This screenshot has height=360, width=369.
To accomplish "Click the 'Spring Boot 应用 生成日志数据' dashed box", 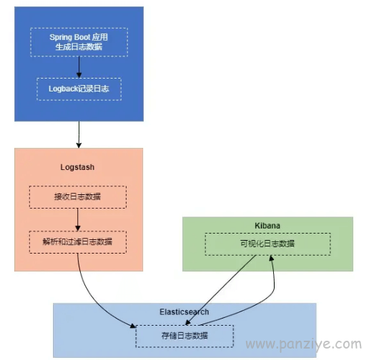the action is click(79, 42).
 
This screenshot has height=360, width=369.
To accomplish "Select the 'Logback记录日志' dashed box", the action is click(79, 89).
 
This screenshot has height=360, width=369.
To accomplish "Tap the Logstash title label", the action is click(77, 167).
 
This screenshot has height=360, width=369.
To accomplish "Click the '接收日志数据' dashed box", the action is click(78, 197).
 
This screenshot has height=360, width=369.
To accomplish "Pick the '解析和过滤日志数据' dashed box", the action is click(78, 242).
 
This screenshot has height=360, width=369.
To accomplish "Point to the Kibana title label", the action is click(267, 226).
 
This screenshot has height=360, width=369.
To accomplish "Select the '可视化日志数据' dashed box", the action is click(267, 244).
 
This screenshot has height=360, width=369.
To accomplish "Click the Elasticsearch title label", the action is click(184, 312).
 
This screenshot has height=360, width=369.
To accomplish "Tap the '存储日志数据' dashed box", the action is click(184, 336).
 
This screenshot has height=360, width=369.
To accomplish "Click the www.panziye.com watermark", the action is click(304, 344).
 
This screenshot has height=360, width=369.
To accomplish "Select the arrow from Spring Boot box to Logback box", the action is click(79, 67).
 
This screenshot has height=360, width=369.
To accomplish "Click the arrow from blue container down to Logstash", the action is click(79, 134).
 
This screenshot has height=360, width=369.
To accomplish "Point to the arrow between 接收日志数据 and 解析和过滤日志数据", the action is click(78, 219).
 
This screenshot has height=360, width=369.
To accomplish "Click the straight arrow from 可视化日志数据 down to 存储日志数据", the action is click(220, 290).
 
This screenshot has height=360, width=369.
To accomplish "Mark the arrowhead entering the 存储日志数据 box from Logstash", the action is click(133, 326).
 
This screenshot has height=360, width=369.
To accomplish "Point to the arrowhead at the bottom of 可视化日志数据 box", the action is click(271, 258).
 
